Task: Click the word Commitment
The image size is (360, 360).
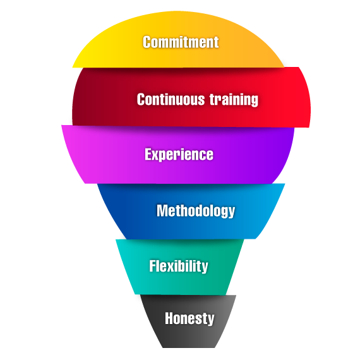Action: (x=181, y=42)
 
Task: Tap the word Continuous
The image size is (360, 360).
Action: (x=171, y=99)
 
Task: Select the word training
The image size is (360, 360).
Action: (x=234, y=100)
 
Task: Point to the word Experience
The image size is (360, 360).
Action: (x=179, y=155)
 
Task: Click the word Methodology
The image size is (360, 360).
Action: (x=196, y=211)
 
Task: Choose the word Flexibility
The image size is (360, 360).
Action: (x=179, y=267)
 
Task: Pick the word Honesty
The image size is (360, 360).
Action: (x=189, y=319)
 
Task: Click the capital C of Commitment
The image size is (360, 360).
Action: (x=147, y=42)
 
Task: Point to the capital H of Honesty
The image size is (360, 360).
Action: (x=170, y=318)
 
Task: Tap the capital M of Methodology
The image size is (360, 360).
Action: (x=162, y=210)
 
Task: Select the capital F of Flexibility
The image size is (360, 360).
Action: (x=153, y=266)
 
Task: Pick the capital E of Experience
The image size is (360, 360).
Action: (x=148, y=154)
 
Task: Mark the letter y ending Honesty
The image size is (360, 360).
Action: (x=210, y=320)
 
